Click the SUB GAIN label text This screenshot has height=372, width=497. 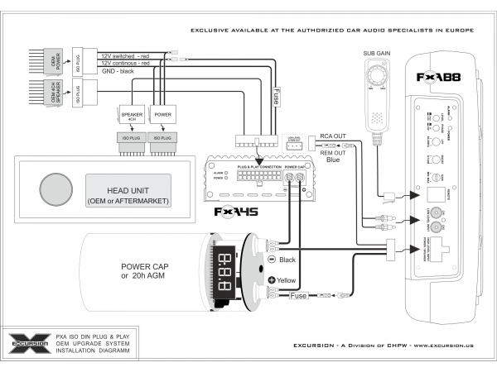(x=376, y=54)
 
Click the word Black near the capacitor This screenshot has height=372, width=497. (x=288, y=260)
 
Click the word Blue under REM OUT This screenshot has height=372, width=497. (x=333, y=160)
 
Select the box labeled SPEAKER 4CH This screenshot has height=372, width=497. (x=133, y=117)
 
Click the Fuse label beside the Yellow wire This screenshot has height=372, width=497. (x=298, y=296)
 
